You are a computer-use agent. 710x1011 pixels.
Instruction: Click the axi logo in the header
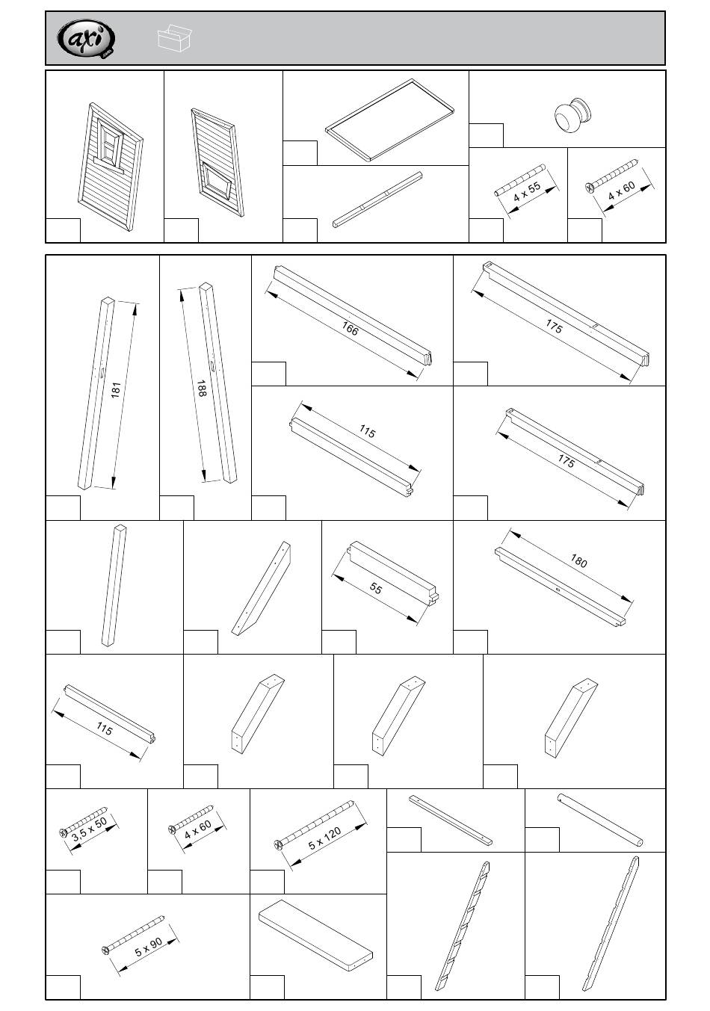coord(87,39)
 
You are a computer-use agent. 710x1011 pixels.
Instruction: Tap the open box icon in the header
coord(175,38)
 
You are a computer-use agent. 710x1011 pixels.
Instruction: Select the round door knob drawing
coord(572,115)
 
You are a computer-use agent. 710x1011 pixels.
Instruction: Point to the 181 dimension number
coord(115,390)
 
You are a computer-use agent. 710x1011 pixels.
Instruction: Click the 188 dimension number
coord(202,388)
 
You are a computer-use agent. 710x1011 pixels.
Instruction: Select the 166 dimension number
coord(349,328)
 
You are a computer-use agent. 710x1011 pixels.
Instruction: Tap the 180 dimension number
coord(578,561)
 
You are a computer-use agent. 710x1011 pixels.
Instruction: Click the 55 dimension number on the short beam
coord(376,590)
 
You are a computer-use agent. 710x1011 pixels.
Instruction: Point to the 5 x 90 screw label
coord(149,948)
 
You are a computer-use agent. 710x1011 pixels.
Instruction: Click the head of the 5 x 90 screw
coord(105,950)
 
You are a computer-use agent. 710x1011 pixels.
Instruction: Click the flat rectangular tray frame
coord(390,120)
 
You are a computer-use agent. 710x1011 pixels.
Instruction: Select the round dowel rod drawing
coord(600,820)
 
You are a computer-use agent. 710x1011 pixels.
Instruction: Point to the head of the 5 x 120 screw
coord(279,844)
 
